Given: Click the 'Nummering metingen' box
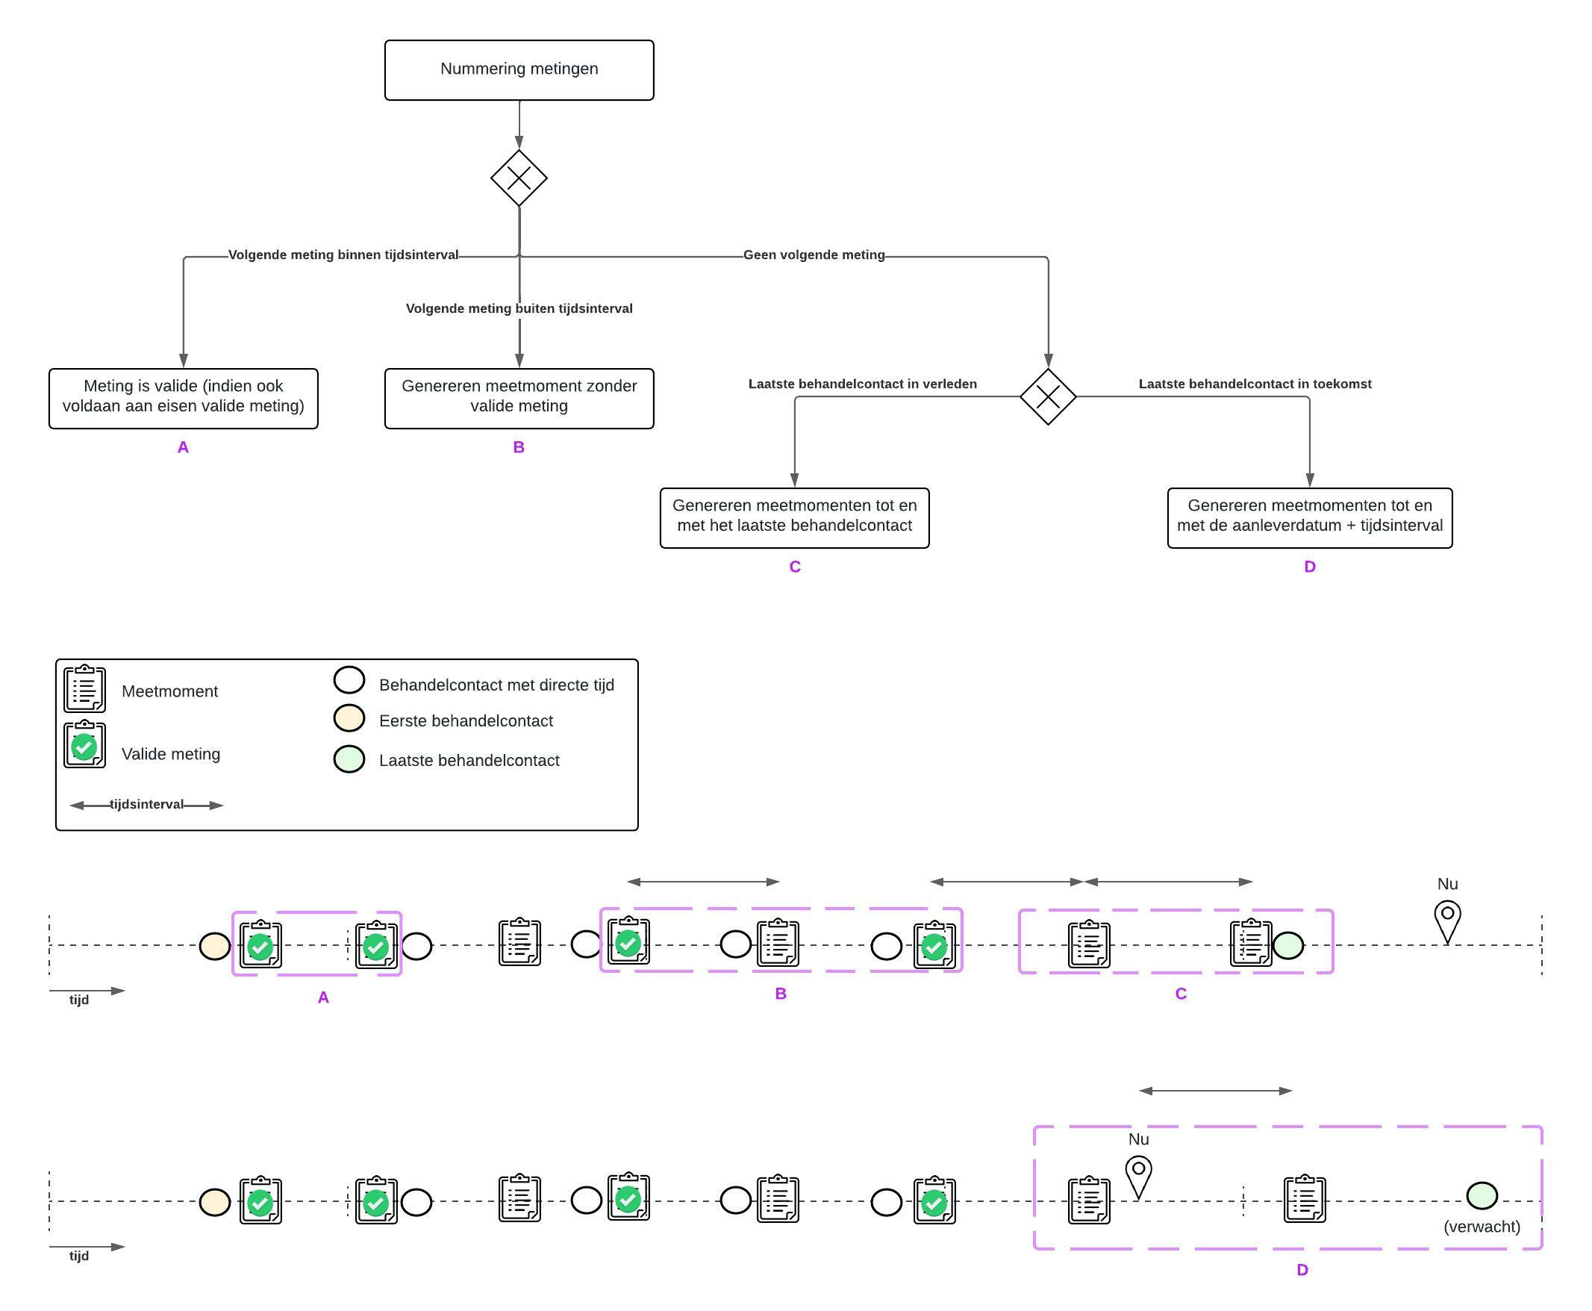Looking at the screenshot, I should [x=519, y=69].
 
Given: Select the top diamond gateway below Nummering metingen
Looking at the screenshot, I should [x=519, y=178].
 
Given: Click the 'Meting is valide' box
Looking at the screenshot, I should [x=184, y=398].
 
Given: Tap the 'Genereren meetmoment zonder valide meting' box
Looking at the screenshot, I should [x=519, y=398].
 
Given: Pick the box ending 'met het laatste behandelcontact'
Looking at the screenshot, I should [x=794, y=517].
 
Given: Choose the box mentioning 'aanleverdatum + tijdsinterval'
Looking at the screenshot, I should [x=1309, y=517].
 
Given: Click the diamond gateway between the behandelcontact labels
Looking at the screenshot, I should [x=1048, y=396].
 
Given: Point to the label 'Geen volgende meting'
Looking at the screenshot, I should [x=814, y=255].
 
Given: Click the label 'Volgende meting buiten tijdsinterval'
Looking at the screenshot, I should [x=519, y=308].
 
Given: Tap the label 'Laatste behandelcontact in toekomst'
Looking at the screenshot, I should [x=1255, y=384].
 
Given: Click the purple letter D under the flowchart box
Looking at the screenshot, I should [x=1310, y=567].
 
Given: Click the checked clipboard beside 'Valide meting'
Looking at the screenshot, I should [x=84, y=745].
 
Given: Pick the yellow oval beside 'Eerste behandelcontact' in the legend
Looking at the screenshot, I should [x=349, y=718].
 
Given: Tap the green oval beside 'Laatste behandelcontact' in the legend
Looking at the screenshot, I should [x=349, y=759].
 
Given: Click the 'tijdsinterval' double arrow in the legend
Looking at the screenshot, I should [x=146, y=805].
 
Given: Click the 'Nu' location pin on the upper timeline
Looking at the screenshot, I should [x=1447, y=920].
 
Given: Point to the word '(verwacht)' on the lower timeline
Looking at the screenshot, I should [x=1481, y=1227].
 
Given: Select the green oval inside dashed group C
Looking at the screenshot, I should [x=1287, y=945].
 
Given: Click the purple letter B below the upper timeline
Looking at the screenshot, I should [x=781, y=994].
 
